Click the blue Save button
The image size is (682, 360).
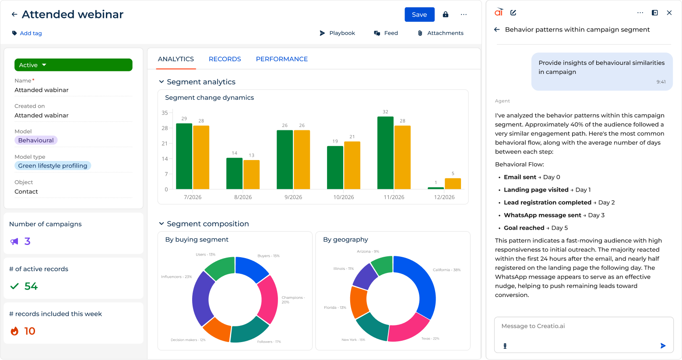pos(419,14)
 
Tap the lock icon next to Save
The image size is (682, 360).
pos(446,14)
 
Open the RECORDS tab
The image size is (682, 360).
pos(225,59)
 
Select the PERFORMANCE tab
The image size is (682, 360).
pos(281,59)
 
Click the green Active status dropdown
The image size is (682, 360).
pos(74,65)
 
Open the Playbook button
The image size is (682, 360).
pos(337,33)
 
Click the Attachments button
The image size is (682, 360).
pos(440,33)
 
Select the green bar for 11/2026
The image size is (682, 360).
pos(385,153)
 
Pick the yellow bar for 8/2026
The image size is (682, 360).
pos(252,175)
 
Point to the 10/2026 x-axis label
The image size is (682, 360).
pos(344,197)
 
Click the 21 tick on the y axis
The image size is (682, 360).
pos(165,143)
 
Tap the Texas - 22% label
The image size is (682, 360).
pos(430,339)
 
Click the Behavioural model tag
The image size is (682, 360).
pos(36,140)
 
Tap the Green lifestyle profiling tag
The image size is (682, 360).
pos(53,165)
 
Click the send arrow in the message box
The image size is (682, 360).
pos(663,346)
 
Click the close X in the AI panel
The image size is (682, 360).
pos(669,13)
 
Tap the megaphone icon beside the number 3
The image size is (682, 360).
pos(14,241)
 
